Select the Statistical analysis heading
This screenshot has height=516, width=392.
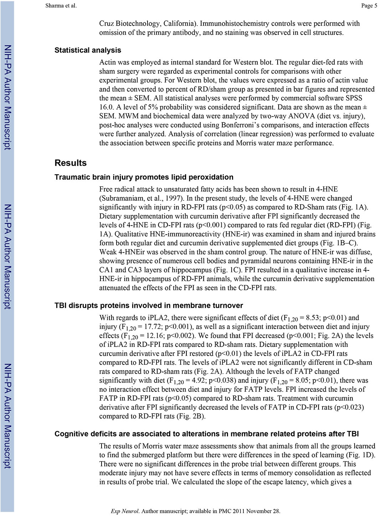coord(88,50)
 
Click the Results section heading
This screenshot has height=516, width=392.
coord(71,163)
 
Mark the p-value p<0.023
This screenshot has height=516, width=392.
coord(349,407)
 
